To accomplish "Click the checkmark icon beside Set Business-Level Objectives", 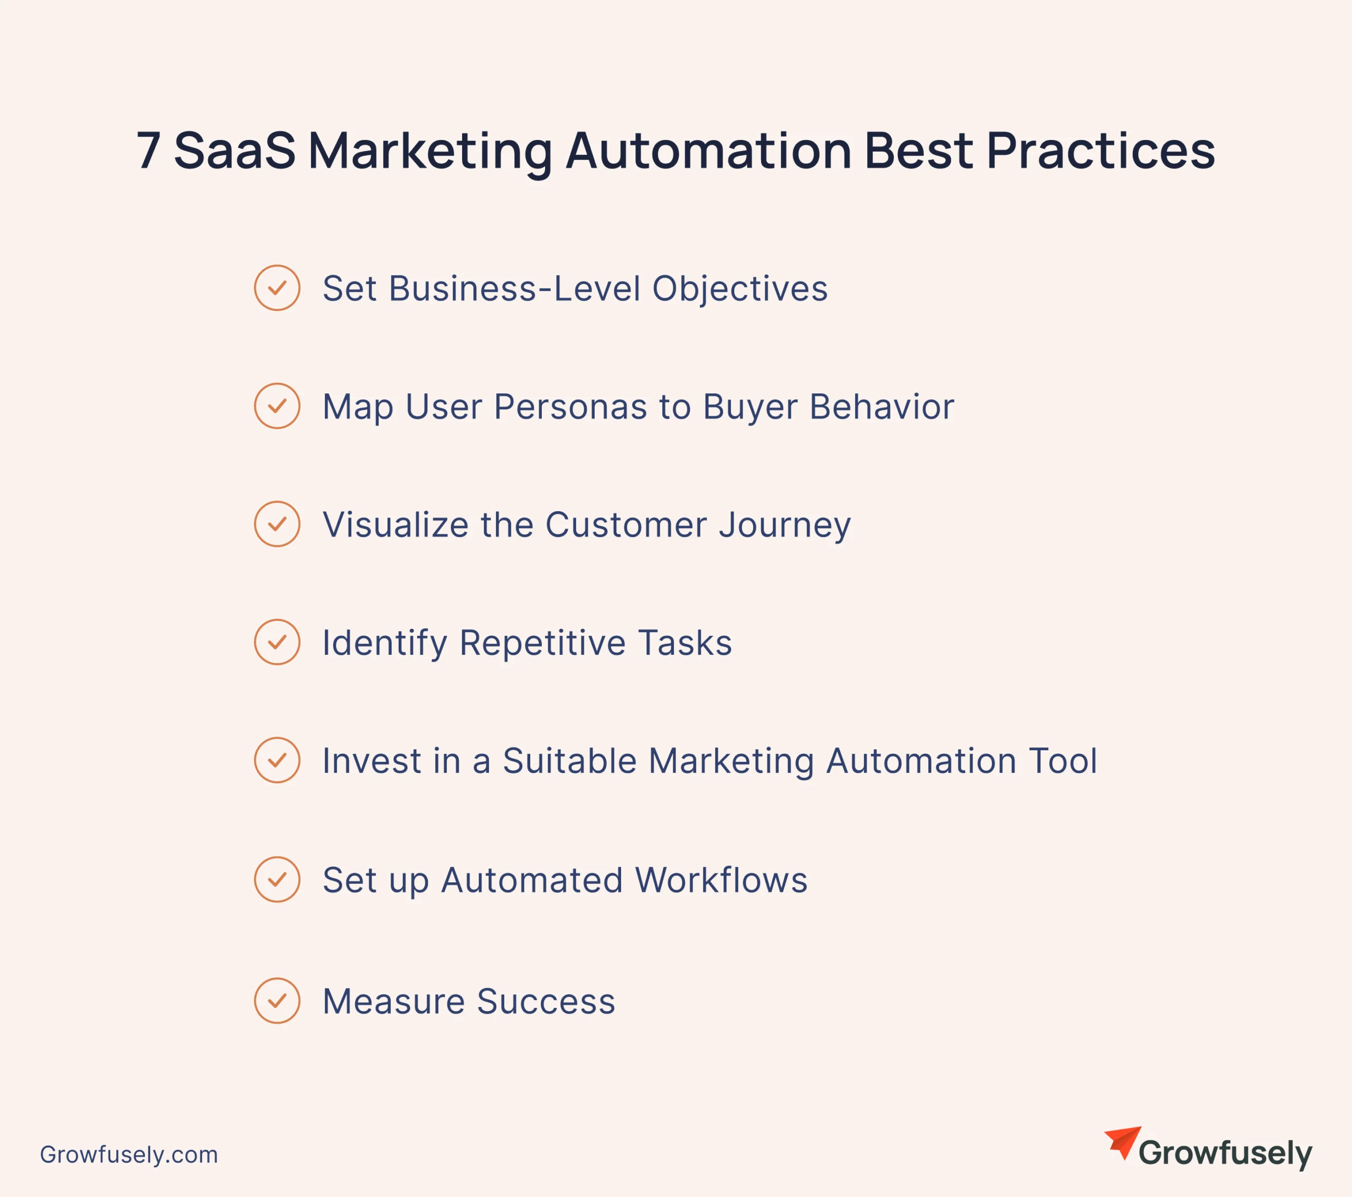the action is point(277,288).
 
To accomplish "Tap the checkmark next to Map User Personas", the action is point(277,406).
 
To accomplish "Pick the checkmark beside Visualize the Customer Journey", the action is point(277,524).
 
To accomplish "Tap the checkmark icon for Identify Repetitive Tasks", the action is point(277,642).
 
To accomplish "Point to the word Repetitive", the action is point(542,644).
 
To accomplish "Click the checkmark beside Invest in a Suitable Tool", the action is point(277,760).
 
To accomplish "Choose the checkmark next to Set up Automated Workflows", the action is point(277,880).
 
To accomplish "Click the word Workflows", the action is point(721,880).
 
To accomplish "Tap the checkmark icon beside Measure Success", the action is point(277,1001).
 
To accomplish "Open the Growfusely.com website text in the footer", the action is point(129,1155).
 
